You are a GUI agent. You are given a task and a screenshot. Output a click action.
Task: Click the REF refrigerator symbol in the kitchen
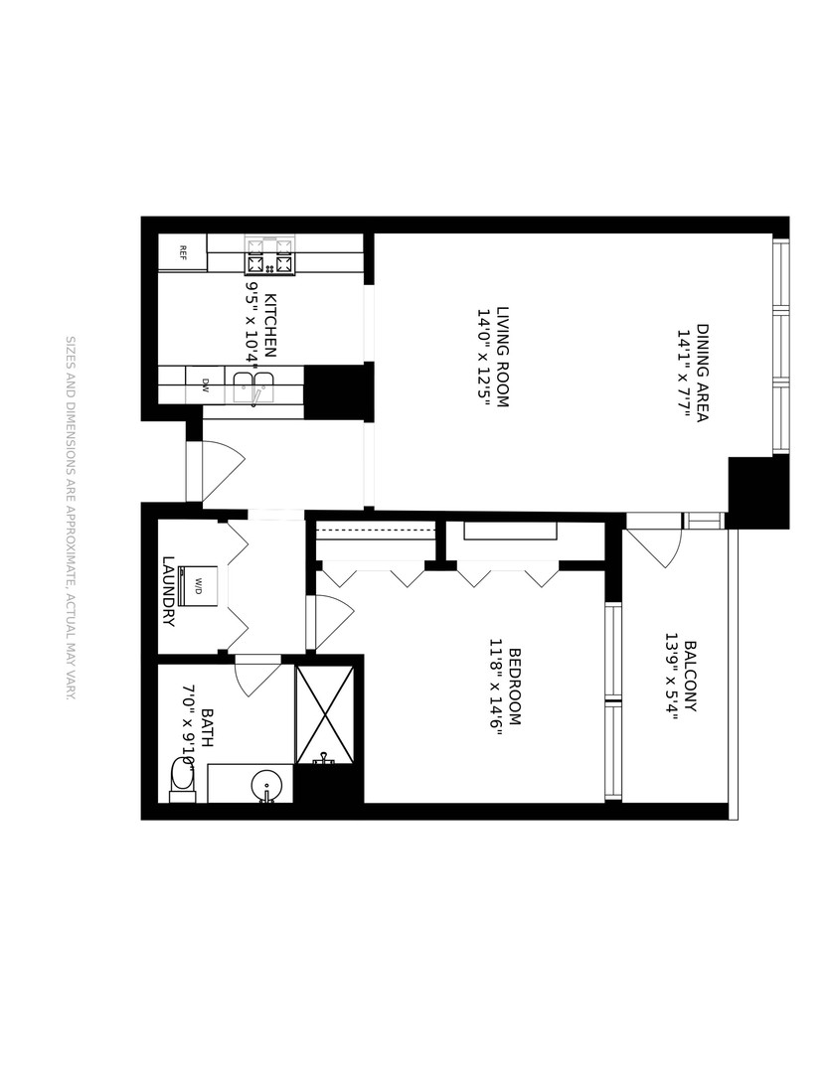pos(183,251)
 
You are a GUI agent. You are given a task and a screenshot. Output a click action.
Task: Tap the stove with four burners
pos(270,255)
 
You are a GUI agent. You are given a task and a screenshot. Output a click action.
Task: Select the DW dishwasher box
pos(206,383)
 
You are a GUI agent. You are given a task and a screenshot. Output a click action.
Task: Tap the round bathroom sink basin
pos(266,783)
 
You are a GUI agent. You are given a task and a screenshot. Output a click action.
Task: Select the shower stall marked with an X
pos(325,715)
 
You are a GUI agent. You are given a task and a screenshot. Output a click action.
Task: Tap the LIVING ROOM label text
pos(502,358)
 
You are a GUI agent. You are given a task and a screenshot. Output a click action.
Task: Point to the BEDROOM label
pos(515,686)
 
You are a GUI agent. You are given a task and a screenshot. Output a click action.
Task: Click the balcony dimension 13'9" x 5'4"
pos(671,674)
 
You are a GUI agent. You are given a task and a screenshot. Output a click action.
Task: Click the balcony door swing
pos(657,543)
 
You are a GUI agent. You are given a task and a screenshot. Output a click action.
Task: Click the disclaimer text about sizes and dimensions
pos(70,518)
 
